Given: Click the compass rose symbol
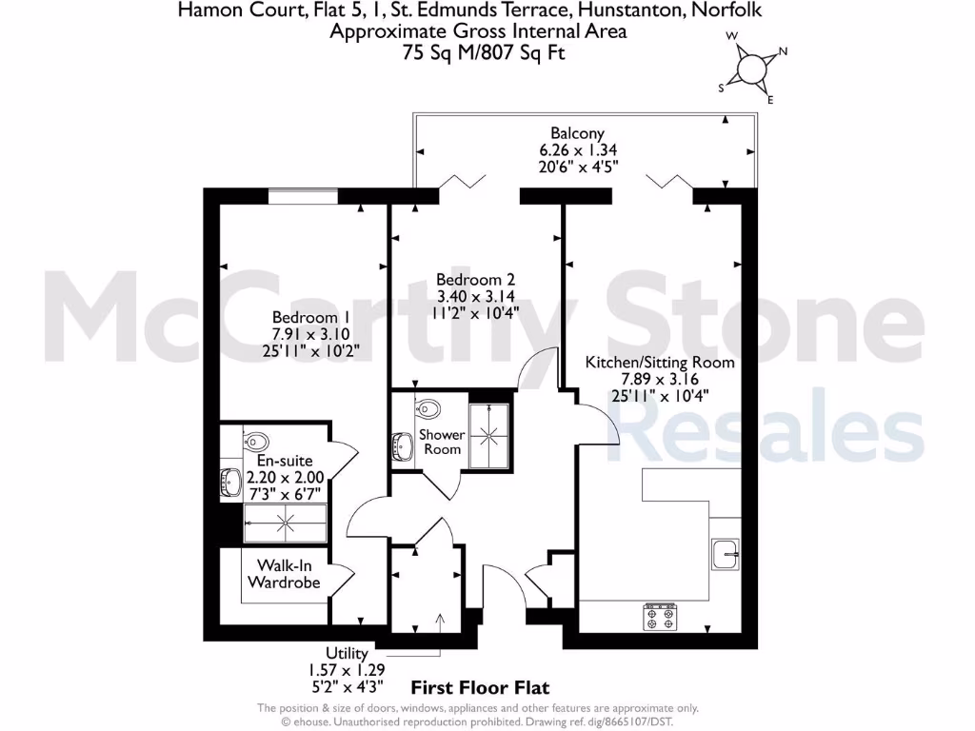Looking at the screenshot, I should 752,69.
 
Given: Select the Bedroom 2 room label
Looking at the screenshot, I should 475,280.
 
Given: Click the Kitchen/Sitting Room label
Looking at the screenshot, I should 660,363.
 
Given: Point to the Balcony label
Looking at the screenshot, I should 577,133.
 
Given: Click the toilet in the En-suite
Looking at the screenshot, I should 255,440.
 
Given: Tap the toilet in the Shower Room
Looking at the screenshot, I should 428,409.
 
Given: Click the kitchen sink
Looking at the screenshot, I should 726,550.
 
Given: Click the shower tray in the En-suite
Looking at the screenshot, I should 284,522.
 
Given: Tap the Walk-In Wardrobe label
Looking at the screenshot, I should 283,574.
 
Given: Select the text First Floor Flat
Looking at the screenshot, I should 479,687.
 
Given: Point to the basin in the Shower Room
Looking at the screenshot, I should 401,445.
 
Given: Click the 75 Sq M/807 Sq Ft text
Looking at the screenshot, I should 484,52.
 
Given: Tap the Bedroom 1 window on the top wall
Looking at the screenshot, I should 303,197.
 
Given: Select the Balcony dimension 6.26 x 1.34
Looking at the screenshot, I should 577,150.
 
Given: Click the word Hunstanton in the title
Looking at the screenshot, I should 644,10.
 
